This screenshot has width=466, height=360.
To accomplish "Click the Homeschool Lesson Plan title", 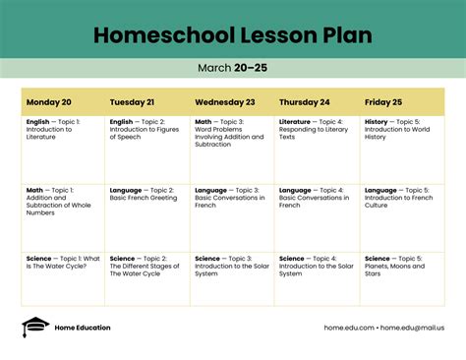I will click(x=233, y=35).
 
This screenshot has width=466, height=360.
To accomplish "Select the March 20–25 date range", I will click(x=233, y=68).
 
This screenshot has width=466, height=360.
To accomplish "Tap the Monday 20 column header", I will click(x=49, y=101).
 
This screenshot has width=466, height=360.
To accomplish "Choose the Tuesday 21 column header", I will click(x=132, y=101).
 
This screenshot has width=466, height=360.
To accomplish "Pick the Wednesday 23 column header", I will click(x=225, y=101).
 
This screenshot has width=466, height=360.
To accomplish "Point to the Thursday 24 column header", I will click(x=305, y=101).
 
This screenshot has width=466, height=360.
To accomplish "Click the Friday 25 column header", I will click(x=383, y=101).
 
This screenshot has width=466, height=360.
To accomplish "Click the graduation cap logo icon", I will click(x=34, y=327).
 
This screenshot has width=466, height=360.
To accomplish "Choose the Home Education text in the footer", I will click(x=83, y=328).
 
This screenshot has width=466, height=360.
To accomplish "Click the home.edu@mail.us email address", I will click(x=413, y=328).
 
